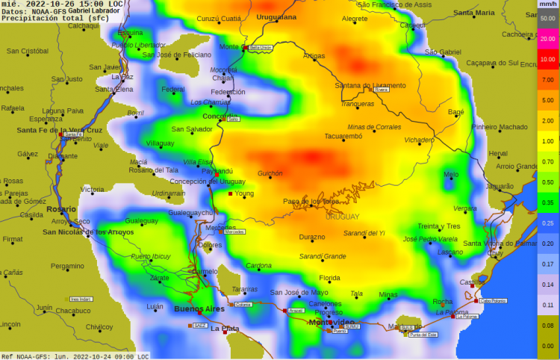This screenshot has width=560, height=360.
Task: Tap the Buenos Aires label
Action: point(199,308)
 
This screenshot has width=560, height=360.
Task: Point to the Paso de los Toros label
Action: point(311,202)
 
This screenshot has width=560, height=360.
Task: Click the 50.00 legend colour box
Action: point(547,18)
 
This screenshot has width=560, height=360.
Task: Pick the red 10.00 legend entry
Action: point(547,59)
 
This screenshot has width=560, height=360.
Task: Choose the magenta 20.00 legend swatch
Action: point(547,38)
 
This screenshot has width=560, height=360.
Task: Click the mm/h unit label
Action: point(547,4)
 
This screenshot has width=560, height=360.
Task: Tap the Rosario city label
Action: point(61,209)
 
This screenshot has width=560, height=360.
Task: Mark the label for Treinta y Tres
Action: point(439,226)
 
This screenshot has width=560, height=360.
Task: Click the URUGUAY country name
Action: point(342,217)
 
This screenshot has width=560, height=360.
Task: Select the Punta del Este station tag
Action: point(423,335)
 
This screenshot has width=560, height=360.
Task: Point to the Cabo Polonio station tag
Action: point(493,301)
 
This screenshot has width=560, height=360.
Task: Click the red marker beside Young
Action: point(230,194)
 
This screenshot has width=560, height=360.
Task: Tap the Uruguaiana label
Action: point(276,16)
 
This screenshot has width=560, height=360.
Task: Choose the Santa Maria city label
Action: point(474,13)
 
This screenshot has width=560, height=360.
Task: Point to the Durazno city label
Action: point(312,238)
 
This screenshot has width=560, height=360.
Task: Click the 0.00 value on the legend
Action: point(547,346)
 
